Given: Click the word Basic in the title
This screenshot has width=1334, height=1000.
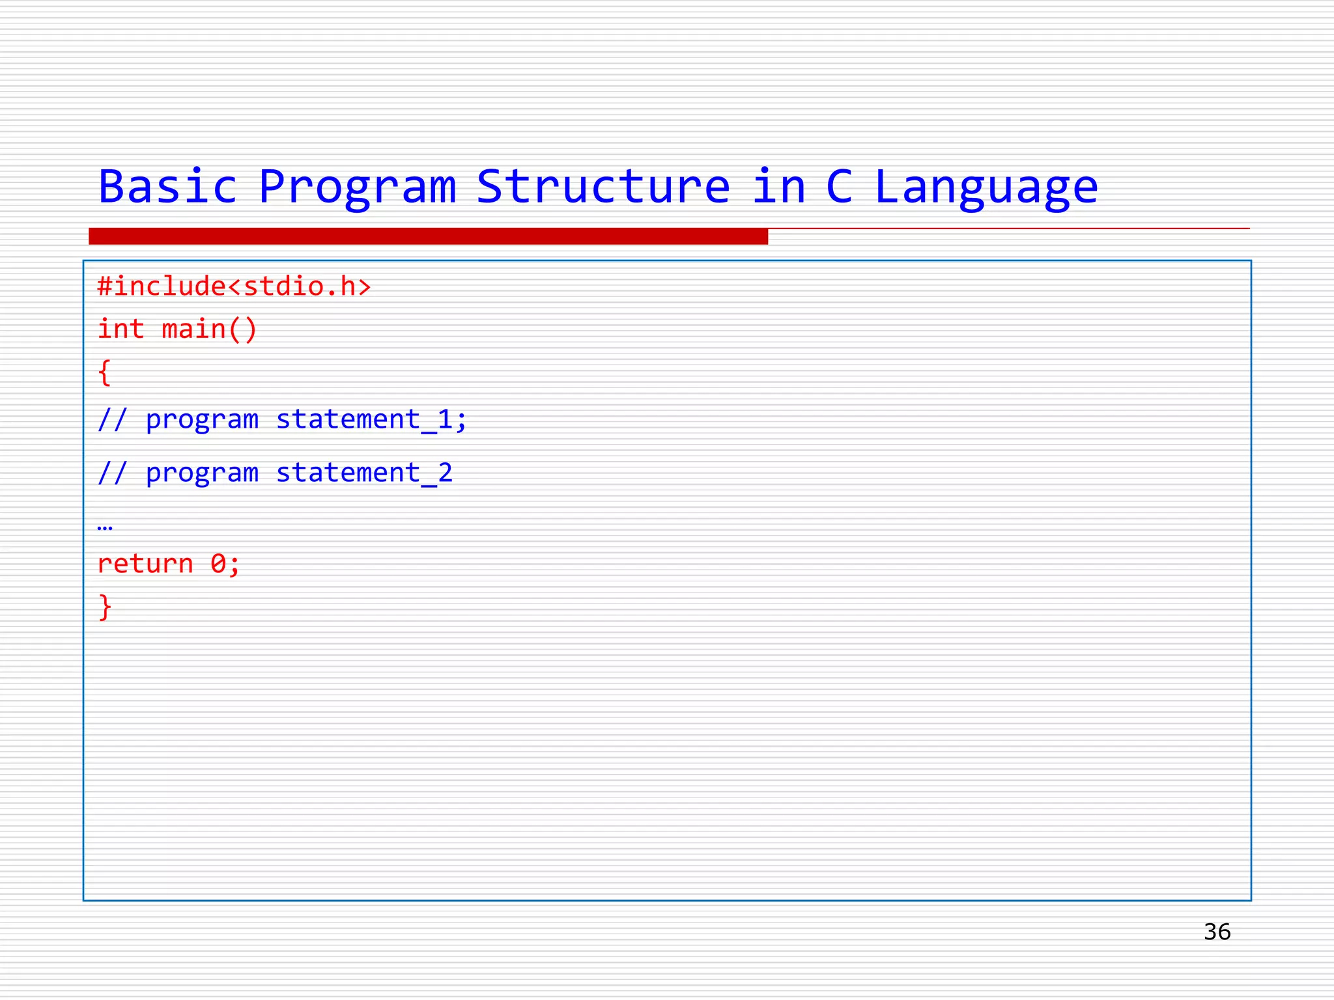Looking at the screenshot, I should [167, 187].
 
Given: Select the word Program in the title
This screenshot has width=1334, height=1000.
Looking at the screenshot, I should [357, 187].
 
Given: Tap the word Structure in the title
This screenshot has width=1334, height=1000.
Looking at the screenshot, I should [603, 187].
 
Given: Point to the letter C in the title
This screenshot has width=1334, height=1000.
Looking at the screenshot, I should [839, 187].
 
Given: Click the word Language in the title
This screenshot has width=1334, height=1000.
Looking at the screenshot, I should [986, 187].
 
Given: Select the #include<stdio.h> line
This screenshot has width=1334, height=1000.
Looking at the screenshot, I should [234, 286].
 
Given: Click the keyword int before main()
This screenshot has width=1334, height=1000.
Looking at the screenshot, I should [121, 329].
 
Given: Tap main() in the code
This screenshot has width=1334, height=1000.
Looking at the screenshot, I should [209, 329].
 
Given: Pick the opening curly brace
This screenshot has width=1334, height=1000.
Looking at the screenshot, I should [104, 373].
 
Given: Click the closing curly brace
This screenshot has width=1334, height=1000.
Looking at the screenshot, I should [105, 607].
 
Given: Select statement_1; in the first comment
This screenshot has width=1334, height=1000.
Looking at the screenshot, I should [371, 420].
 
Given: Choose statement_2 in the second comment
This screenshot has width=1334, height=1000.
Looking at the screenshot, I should [364, 473].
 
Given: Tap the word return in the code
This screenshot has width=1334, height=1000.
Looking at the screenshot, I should [145, 564].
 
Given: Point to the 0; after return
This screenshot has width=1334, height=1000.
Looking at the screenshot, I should [225, 564].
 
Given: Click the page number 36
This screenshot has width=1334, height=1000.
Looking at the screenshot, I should [1217, 932].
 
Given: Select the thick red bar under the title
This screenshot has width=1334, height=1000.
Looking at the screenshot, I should [428, 236].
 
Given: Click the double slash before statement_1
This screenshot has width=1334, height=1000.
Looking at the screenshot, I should [112, 420].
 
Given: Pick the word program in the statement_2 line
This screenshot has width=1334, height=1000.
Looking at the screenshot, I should [202, 473].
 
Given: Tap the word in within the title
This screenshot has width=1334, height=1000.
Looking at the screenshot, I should [779, 187].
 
